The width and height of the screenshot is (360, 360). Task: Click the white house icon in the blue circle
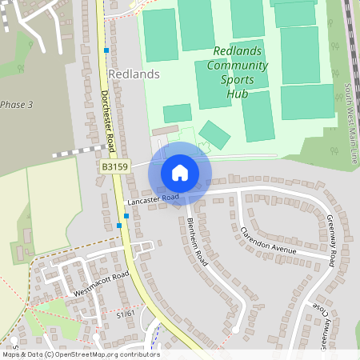[179, 172]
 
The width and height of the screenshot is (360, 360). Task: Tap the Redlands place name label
[134, 74]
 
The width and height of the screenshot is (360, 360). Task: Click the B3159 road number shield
[114, 166]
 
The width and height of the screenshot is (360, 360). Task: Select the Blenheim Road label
[197, 242]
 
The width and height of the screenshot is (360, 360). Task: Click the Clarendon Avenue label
[268, 240]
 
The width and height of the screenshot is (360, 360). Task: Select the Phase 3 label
[17, 105]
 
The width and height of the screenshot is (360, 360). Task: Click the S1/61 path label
[126, 314]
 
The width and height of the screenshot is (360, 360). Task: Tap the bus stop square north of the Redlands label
[106, 50]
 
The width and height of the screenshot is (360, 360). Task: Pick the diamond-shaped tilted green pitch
[214, 134]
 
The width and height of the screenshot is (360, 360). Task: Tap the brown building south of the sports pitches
[166, 129]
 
